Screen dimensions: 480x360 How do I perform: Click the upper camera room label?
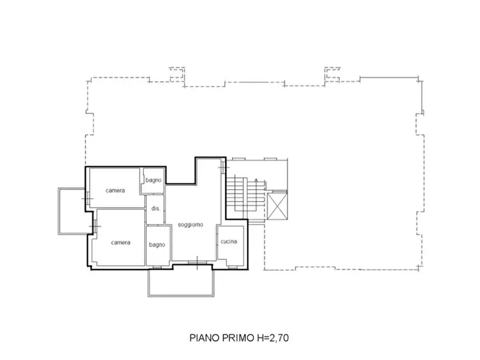click(115, 190)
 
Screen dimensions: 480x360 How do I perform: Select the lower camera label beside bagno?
click(120, 242)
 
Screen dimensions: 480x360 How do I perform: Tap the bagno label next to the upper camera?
click(153, 180)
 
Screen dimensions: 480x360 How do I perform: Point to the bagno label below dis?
click(157, 244)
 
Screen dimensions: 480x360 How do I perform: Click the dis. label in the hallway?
click(156, 208)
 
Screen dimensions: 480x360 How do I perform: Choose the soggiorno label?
click(190, 225)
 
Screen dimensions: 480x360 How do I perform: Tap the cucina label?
click(228, 242)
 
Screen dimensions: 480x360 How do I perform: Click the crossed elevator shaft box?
click(277, 207)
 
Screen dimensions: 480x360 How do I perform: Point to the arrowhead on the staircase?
click(256, 180)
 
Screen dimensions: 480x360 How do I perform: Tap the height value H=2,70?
click(273, 338)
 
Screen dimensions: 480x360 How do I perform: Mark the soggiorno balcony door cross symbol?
click(197, 263)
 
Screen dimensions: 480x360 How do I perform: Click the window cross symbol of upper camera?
click(88, 199)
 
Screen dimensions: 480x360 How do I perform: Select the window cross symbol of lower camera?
click(95, 227)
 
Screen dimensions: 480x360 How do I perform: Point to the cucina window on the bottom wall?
click(233, 268)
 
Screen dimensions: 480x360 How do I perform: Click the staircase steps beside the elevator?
click(246, 195)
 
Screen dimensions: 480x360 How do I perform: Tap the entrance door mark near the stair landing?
click(224, 168)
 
